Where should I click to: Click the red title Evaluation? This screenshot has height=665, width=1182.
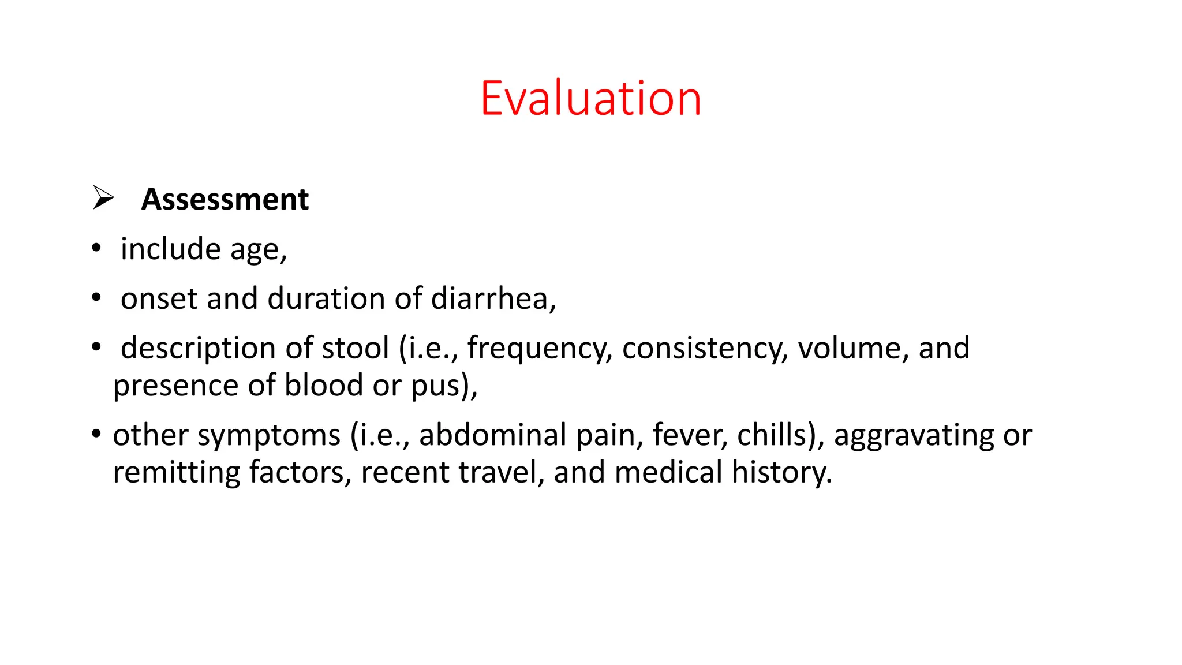pyautogui.click(x=590, y=99)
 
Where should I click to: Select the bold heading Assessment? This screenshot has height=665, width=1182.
pyautogui.click(x=225, y=200)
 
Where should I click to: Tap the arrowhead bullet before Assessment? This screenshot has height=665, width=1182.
pyautogui.click(x=103, y=198)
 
